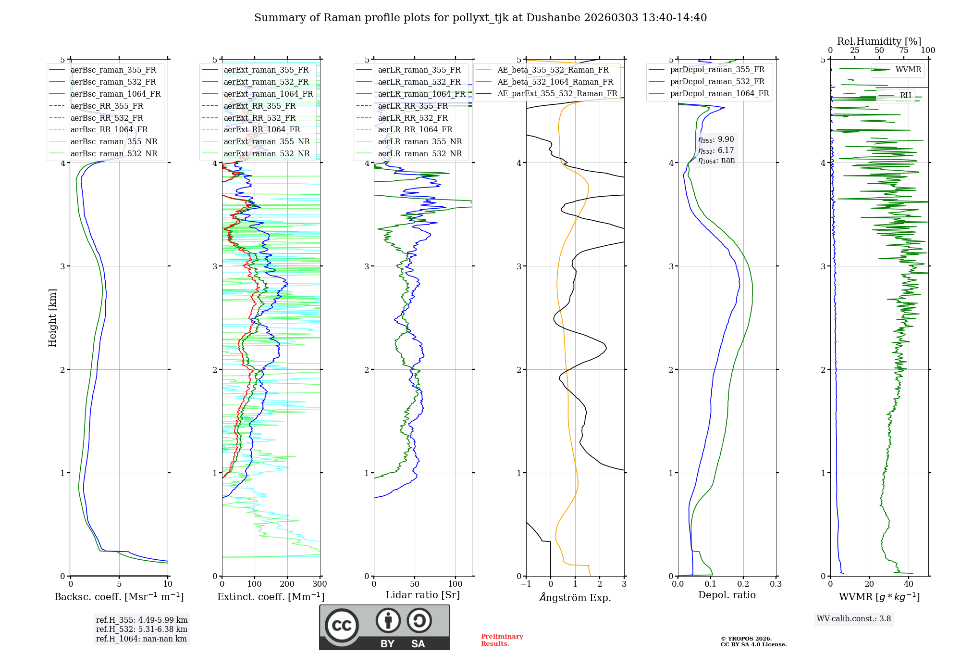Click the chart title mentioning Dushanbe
pyautogui.click(x=480, y=18)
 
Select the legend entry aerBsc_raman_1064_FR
pyautogui.click(x=115, y=94)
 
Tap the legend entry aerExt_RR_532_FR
pyautogui.click(x=259, y=118)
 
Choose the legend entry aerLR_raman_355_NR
pyautogui.click(x=419, y=142)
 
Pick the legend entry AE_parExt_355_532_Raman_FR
pyautogui.click(x=557, y=94)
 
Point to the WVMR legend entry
pyautogui.click(x=908, y=70)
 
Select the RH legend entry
pyautogui.click(x=905, y=96)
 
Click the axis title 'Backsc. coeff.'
pyautogui.click(x=119, y=597)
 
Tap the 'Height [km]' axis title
pyautogui.click(x=52, y=318)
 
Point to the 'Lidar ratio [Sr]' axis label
pyautogui.click(x=422, y=595)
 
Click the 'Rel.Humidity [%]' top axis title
pyautogui.click(x=879, y=41)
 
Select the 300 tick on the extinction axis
pyautogui.click(x=320, y=584)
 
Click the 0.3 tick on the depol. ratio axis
pyautogui.click(x=776, y=584)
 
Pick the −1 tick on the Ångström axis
pyautogui.click(x=526, y=584)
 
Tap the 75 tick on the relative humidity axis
pyautogui.click(x=903, y=50)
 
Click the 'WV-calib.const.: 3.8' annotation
pyautogui.click(x=853, y=619)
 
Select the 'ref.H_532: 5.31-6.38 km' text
pyautogui.click(x=141, y=629)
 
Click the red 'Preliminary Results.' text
pyautogui.click(x=502, y=640)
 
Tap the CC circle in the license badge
pyautogui.click(x=342, y=626)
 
